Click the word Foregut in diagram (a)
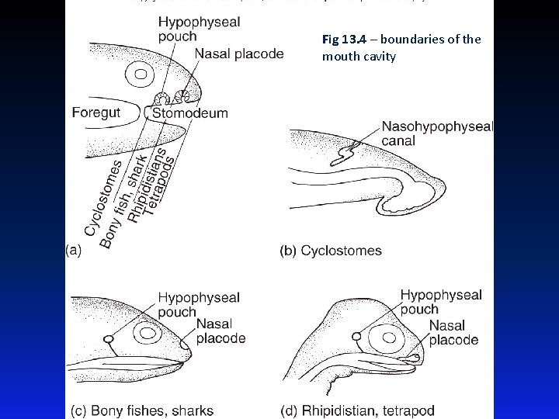96,113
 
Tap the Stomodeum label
190,113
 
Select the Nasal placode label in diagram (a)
239,54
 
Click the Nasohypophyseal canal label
437,133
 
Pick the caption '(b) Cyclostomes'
331,251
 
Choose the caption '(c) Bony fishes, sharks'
142,410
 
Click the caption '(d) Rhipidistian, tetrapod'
358,410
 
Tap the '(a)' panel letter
75,250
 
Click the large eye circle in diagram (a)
141,75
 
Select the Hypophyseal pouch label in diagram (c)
199,303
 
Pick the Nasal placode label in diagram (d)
453,333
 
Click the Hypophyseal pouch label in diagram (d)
441,302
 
